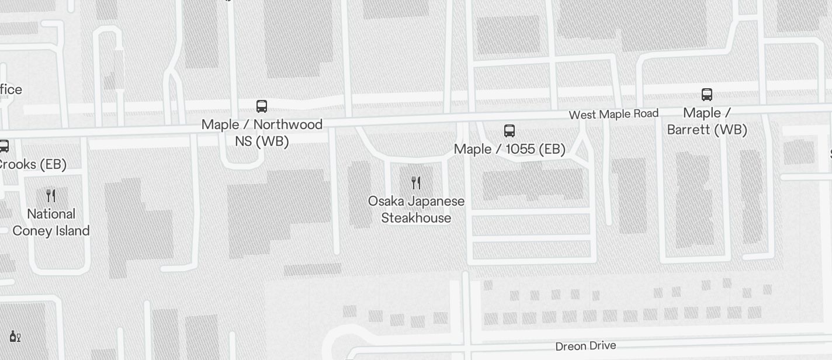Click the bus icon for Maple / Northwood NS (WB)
(262, 106)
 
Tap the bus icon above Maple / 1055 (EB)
(509, 131)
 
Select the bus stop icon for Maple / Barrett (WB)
(707, 95)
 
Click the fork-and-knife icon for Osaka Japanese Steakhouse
(416, 183)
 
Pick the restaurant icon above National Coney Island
(51, 196)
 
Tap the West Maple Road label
(613, 114)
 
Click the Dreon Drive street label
(585, 346)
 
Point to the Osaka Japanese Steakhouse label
(416, 209)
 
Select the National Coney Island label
(51, 222)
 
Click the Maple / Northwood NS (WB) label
(262, 133)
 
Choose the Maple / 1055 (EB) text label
(509, 149)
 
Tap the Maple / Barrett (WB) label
(707, 121)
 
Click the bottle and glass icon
(15, 336)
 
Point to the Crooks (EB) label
(32, 164)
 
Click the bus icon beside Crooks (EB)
(4, 146)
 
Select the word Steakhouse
(416, 218)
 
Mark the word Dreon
(571, 347)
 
